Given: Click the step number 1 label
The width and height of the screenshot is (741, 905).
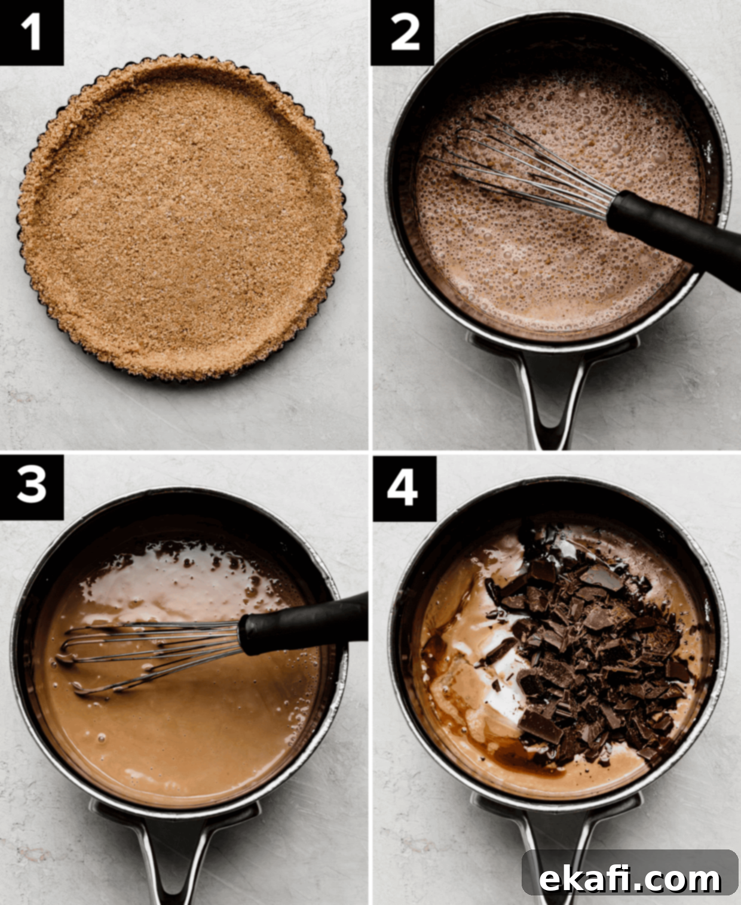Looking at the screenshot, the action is click(x=32, y=33).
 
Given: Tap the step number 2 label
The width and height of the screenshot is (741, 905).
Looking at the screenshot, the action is click(x=403, y=33).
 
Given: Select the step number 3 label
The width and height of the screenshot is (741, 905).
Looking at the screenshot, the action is click(x=32, y=487).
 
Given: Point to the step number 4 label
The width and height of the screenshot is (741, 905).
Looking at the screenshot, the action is click(x=404, y=488).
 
